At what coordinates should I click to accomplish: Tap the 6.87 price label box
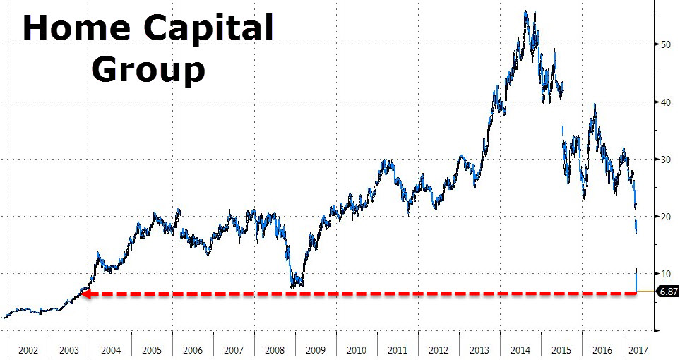(667, 291)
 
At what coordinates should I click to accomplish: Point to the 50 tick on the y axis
(664, 44)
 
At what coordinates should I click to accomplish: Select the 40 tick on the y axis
(664, 102)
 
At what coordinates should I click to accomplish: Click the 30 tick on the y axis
(664, 160)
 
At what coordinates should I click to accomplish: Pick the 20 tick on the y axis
(664, 217)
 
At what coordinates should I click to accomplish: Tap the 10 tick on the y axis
(664, 274)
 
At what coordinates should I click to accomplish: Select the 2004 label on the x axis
(112, 350)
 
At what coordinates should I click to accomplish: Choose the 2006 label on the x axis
(193, 350)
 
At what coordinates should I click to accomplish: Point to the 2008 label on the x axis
(275, 350)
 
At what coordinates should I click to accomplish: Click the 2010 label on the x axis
(357, 350)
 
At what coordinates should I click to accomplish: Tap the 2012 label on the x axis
(439, 350)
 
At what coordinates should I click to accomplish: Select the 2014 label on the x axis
(520, 350)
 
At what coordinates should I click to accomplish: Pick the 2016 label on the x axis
(602, 350)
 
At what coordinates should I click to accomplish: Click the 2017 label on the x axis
(638, 350)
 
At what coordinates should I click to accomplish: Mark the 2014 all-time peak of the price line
(526, 11)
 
